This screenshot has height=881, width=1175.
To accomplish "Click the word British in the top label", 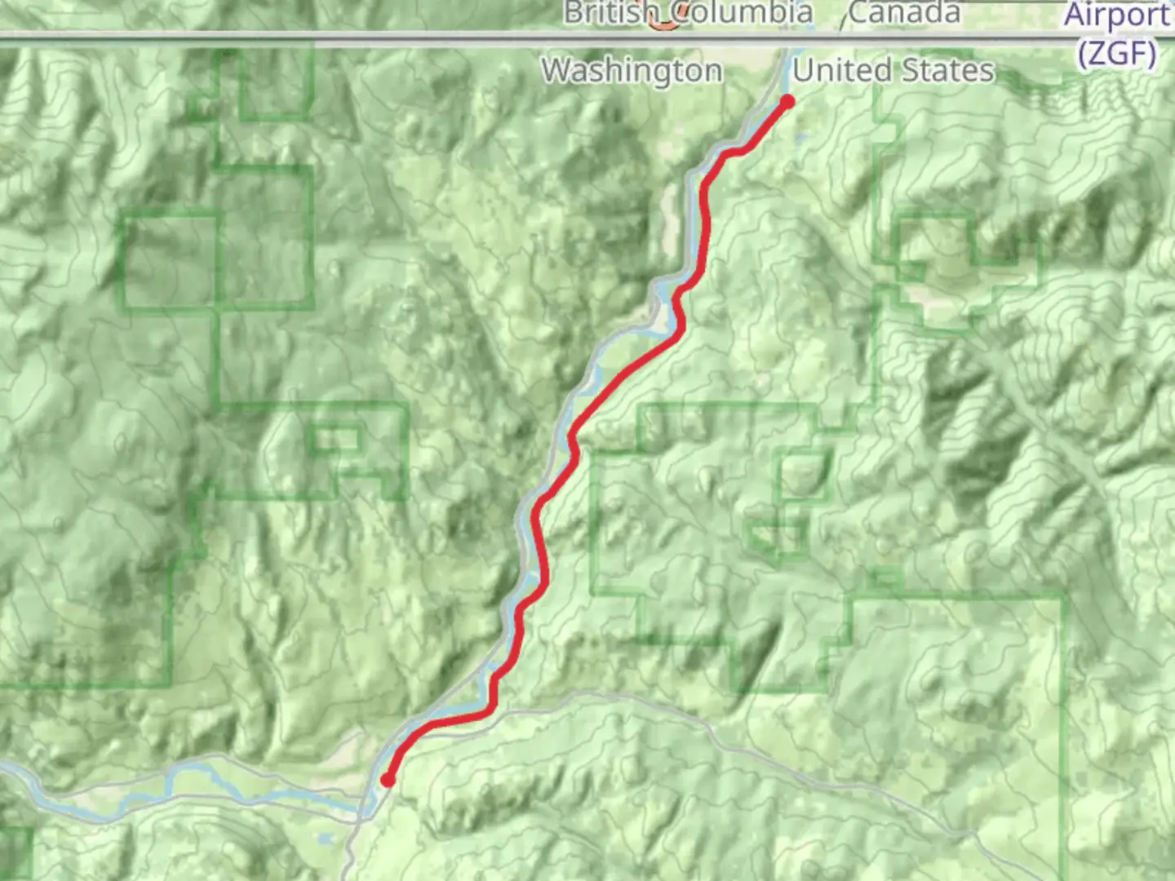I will pos(610,13).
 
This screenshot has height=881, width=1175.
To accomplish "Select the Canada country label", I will pos(904,13).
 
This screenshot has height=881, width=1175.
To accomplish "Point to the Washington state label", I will pos(632,71).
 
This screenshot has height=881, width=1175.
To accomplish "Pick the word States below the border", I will pos(947,71).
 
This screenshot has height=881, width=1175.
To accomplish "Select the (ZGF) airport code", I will pos(1116,54).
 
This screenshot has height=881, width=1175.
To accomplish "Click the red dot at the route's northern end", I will pos(787,102).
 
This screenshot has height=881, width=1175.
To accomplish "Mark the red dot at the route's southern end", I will pos(388,781).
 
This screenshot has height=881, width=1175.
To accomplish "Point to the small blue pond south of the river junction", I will pos(326,838).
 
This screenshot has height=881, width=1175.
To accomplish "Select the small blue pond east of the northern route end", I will pos(803,139).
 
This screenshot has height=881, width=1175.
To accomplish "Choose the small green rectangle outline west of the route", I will pos(336,440).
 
